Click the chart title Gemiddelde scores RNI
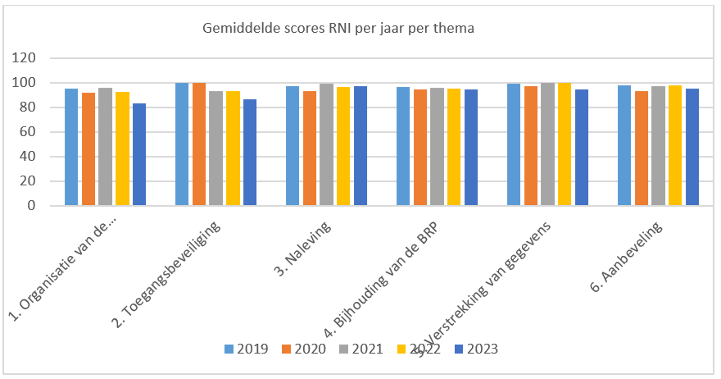click(338, 29)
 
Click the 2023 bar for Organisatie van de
click(139, 155)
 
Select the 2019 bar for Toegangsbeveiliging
click(182, 144)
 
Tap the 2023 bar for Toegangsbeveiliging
click(250, 153)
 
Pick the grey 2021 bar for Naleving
click(326, 144)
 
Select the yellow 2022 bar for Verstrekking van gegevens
click(564, 144)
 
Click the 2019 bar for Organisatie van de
click(71, 147)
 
